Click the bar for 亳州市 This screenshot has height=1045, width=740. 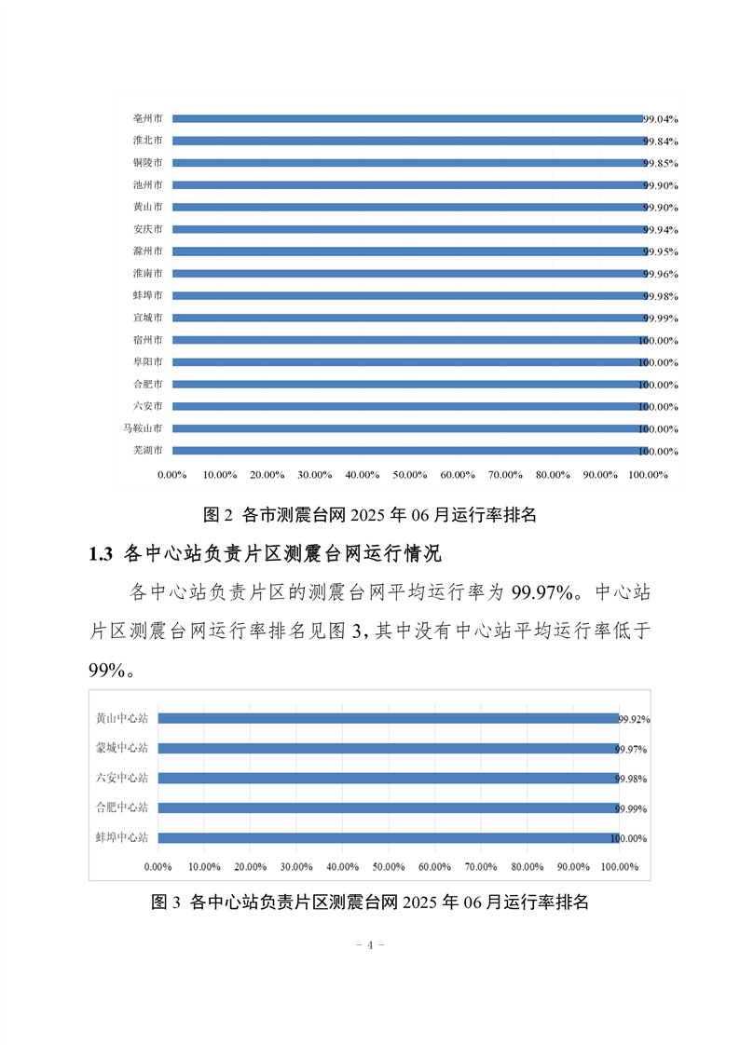coord(407,118)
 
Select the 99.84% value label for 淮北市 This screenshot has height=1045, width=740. coord(660,142)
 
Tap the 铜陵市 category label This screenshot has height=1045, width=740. coord(147,163)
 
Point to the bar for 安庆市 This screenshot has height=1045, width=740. coord(409,229)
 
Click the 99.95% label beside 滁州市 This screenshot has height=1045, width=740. coord(660,251)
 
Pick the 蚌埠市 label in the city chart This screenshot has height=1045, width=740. coord(147,295)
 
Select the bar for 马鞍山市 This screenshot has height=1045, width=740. coord(410,428)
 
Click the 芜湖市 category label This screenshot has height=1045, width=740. coord(147,451)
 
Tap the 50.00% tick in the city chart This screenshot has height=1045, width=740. coord(409,475)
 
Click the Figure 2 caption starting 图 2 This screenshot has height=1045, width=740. coord(370,514)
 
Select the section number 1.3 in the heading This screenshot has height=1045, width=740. coord(101,554)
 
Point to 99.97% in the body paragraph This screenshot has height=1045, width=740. coord(542,592)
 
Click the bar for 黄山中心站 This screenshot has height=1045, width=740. coord(388,718)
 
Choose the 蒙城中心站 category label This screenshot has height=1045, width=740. coord(121,749)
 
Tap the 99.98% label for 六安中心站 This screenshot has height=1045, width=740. coord(631,779)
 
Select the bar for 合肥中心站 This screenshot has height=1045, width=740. coord(389,808)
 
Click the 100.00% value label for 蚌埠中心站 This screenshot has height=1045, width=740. coord(629,838)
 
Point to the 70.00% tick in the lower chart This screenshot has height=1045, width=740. coord(481,867)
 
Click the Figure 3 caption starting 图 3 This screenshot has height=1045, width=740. coord(370,902)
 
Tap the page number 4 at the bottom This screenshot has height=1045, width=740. coord(370,945)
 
